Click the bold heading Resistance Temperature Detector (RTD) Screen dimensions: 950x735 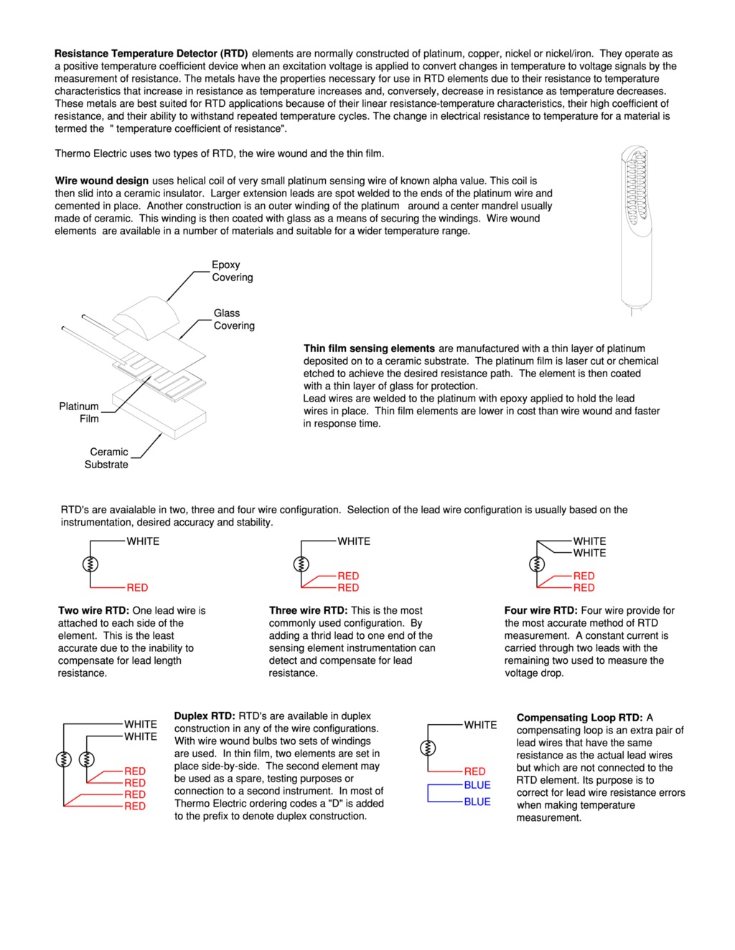click(x=151, y=54)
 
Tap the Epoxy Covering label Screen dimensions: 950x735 click(x=232, y=271)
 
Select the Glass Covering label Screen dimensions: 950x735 click(x=234, y=319)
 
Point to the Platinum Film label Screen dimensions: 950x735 click(x=79, y=412)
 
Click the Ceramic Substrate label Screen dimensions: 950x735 click(x=108, y=458)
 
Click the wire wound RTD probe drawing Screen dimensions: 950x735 click(x=637, y=229)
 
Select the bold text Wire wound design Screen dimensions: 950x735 click(x=101, y=181)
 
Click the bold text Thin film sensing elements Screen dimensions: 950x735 click(x=369, y=348)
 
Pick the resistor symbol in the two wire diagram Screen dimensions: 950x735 click(x=90, y=564)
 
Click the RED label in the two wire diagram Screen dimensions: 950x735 click(x=137, y=587)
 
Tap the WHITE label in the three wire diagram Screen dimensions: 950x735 click(x=354, y=541)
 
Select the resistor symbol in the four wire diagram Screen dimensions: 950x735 click(x=537, y=564)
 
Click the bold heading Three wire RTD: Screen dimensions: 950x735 click(x=308, y=611)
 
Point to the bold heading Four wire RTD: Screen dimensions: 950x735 click(x=540, y=611)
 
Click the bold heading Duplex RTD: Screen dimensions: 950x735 click(x=205, y=716)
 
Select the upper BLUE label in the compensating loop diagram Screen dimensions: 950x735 click(x=477, y=785)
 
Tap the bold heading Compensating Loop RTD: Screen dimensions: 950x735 click(x=579, y=718)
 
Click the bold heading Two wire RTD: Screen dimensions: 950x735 click(x=93, y=611)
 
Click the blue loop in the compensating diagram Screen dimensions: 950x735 click(x=429, y=794)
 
